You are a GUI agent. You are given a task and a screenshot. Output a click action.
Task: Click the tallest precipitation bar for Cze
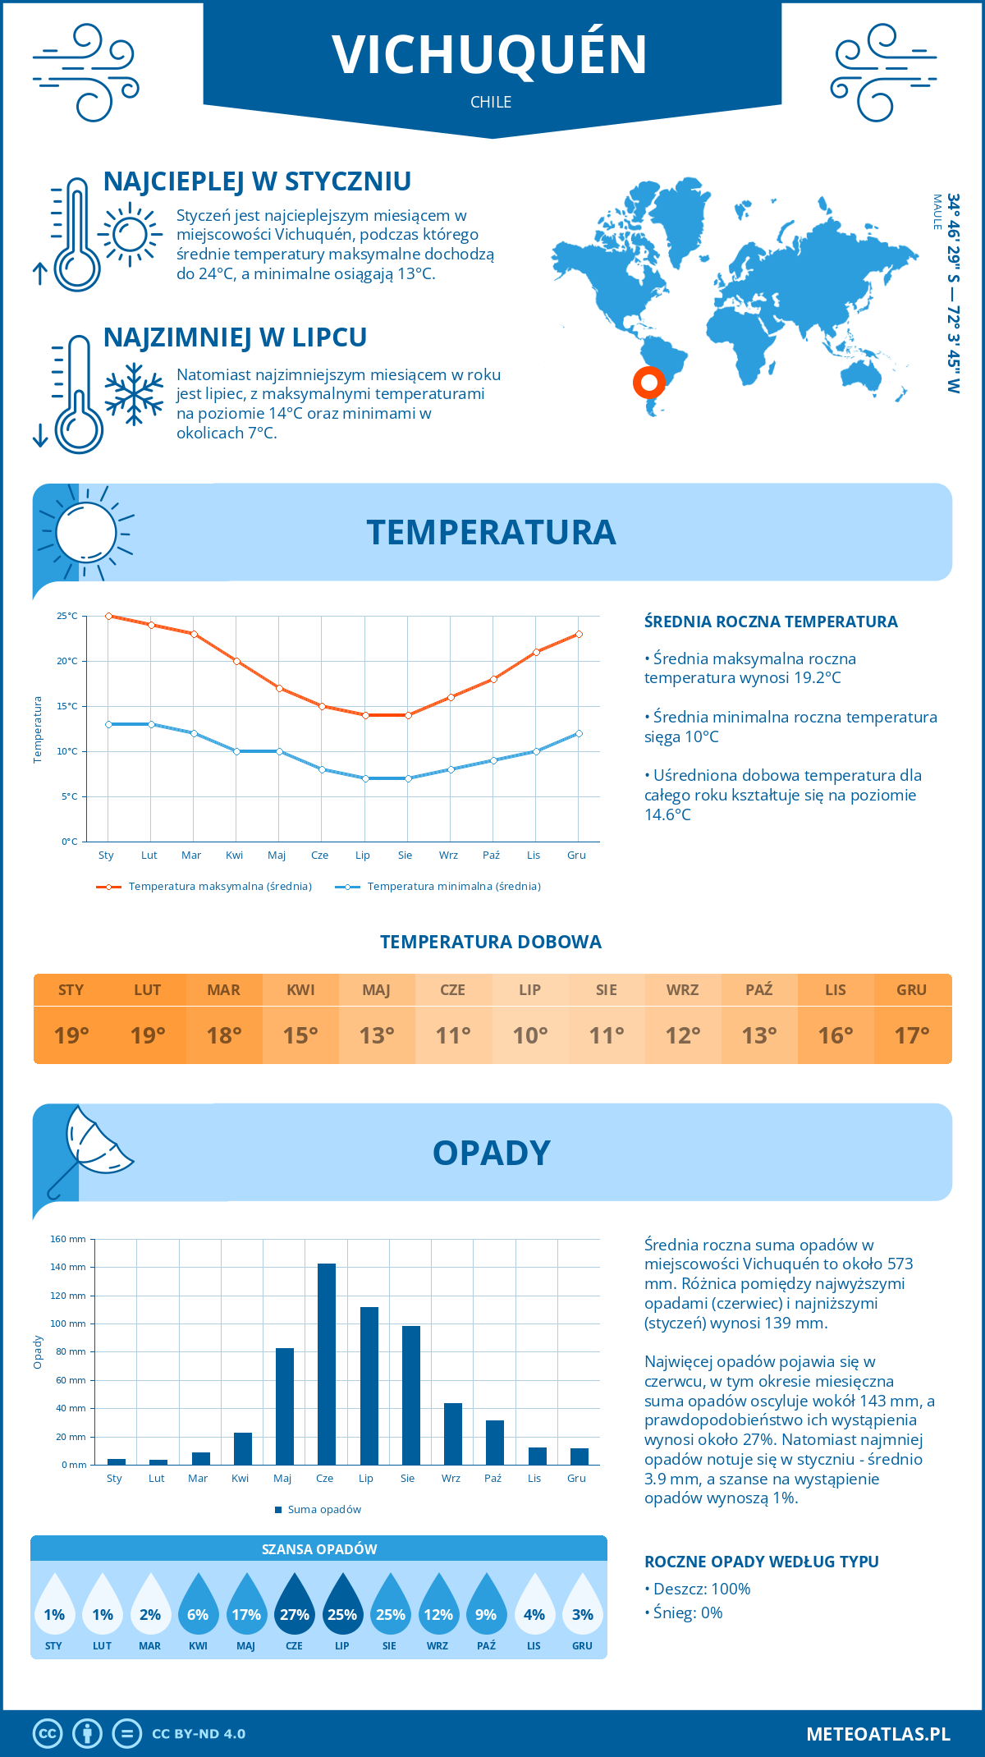(327, 1364)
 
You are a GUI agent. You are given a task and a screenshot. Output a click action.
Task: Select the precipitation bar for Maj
(285, 1406)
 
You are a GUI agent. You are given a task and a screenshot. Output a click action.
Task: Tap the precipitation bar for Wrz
(453, 1434)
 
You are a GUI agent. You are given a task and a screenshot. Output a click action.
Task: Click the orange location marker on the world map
(648, 382)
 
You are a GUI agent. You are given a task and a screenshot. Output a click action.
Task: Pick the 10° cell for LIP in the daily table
(529, 1035)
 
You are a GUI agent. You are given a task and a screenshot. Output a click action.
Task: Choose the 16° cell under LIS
(835, 1035)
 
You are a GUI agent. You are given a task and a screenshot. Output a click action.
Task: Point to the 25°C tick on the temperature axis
(67, 616)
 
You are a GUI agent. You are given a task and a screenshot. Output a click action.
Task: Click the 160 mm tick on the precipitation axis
(68, 1239)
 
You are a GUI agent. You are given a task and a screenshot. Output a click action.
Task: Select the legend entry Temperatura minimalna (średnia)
(453, 887)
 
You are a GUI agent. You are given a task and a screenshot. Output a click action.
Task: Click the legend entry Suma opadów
(324, 1509)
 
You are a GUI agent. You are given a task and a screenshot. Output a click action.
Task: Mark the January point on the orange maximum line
(108, 616)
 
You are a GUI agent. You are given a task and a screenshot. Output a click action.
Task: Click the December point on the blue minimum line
(579, 733)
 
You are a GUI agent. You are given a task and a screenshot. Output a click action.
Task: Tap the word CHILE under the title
(491, 102)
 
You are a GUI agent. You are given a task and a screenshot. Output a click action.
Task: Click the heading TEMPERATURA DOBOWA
(491, 942)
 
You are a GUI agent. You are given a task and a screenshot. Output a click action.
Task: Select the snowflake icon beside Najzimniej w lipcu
(134, 393)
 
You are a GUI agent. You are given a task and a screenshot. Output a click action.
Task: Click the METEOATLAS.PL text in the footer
(877, 1733)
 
